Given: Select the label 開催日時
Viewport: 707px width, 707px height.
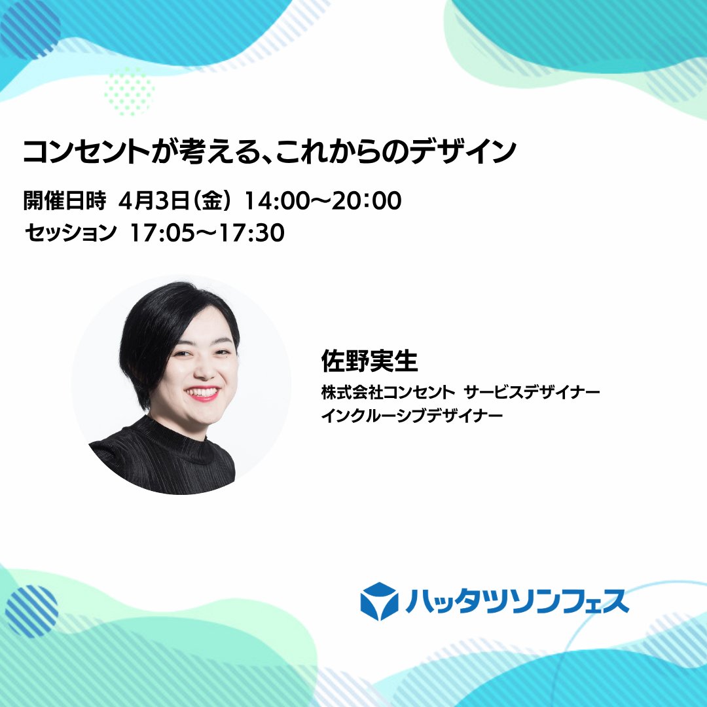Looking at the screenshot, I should click(x=64, y=201).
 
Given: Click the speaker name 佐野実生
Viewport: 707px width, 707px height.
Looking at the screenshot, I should click(x=369, y=361).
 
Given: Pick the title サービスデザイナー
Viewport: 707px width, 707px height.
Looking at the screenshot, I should click(x=532, y=393).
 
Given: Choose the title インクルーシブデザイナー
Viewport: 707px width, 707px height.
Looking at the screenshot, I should click(x=412, y=416).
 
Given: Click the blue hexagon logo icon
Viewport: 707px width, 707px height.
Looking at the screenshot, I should click(x=380, y=600).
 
